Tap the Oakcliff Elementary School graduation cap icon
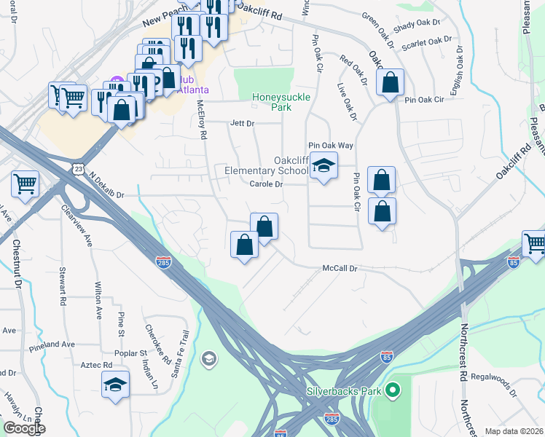[324, 165]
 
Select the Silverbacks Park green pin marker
[393, 392]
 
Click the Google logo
[24, 428]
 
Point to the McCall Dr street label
[341, 269]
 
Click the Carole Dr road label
[266, 185]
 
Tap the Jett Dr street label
[242, 124]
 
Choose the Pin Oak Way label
[331, 146]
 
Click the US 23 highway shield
[77, 168]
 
